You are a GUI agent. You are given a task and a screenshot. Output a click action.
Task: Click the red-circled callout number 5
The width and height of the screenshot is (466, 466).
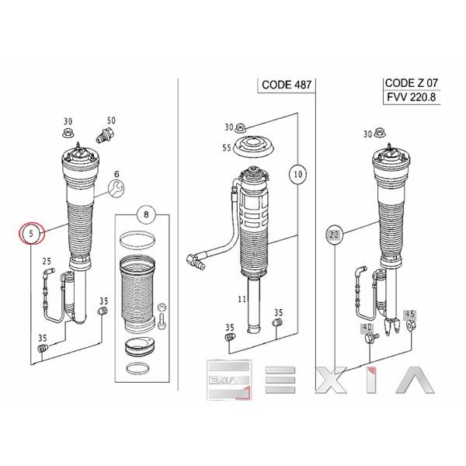31,233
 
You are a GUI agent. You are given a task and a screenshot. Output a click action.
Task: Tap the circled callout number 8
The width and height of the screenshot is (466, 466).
146,214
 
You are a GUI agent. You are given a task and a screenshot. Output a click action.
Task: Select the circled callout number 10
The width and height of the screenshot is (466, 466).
297,174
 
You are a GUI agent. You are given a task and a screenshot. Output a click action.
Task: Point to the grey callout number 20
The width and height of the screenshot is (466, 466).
334,235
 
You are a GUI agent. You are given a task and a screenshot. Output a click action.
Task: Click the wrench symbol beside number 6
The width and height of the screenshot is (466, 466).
116,188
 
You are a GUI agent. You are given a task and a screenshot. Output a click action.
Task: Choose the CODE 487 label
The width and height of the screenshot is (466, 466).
287,85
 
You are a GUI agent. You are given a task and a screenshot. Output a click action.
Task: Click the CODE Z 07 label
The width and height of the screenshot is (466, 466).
412,83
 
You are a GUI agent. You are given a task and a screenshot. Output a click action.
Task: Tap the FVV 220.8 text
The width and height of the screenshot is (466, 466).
412,97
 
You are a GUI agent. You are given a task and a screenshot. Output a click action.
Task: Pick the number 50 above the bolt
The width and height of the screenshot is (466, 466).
111,120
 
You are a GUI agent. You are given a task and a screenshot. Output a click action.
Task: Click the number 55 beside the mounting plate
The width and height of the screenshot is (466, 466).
227,148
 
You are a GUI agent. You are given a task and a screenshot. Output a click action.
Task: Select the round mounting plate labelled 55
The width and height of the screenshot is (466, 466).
253,147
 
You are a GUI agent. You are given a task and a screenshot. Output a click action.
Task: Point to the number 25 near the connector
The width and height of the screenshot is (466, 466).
47,262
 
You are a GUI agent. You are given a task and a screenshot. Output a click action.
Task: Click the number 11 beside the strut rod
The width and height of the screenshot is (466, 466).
242,299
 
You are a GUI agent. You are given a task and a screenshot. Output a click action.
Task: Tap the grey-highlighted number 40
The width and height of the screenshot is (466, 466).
367,328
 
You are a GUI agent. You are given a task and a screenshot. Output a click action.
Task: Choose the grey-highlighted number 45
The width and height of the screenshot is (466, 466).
410,314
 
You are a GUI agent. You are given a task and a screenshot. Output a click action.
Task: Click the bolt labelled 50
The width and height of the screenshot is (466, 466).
105,134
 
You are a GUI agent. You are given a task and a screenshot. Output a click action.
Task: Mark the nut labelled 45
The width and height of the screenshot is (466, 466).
410,325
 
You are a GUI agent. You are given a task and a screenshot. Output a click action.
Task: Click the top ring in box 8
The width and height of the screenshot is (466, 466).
137,241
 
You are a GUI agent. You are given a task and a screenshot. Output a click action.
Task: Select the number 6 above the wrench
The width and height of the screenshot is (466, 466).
116,175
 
